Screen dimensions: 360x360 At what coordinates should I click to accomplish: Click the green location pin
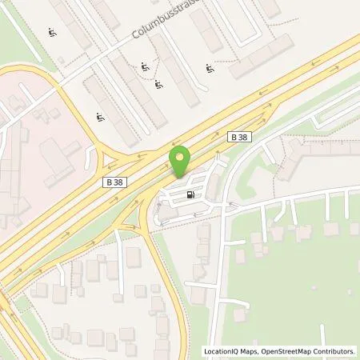[181, 163]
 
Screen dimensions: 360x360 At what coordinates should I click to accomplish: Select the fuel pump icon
[190, 194]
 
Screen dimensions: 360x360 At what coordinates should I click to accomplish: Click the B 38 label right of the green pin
[239, 138]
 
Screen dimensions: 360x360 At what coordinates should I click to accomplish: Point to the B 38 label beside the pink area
[115, 182]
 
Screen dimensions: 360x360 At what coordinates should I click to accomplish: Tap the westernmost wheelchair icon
[52, 34]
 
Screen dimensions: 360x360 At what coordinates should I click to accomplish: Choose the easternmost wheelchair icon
[210, 68]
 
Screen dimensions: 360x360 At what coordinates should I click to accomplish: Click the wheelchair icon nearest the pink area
[100, 118]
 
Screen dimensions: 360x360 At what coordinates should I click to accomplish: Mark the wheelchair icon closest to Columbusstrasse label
[145, 66]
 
